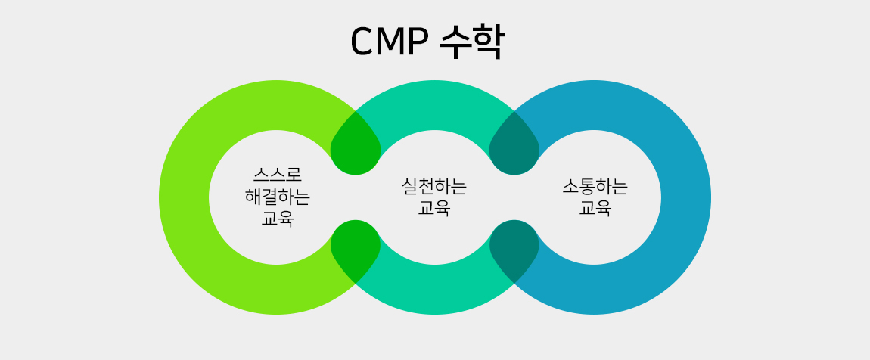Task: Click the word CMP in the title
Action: pyautogui.click(x=390, y=42)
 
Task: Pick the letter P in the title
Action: pyautogui.click(x=420, y=42)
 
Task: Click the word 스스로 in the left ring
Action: pyautogui.click(x=278, y=175)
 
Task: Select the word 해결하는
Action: pyautogui.click(x=278, y=197)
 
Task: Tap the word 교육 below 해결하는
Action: pyautogui.click(x=278, y=219)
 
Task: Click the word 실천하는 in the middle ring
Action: pyautogui.click(x=434, y=186)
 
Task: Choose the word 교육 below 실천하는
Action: pyautogui.click(x=434, y=208)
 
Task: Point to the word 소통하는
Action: pyautogui.click(x=595, y=186)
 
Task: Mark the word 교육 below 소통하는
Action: pyautogui.click(x=595, y=208)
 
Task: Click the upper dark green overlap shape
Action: pyautogui.click(x=355, y=145)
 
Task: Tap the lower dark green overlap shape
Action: pyautogui.click(x=355, y=250)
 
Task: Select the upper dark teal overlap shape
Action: pyautogui.click(x=514, y=145)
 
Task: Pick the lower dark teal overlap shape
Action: pyautogui.click(x=514, y=250)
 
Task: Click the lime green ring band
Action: pyautogui.click(x=184, y=197)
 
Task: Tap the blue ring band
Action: pyautogui.click(x=686, y=197)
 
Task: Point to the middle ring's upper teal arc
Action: pyautogui.click(x=434, y=105)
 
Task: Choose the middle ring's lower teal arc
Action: pyautogui.click(x=434, y=290)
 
